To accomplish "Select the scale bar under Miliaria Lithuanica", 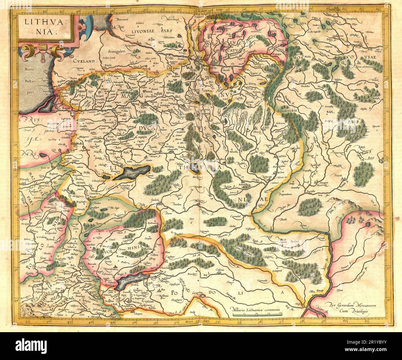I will tap(258, 314).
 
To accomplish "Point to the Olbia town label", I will tap(312, 291).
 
